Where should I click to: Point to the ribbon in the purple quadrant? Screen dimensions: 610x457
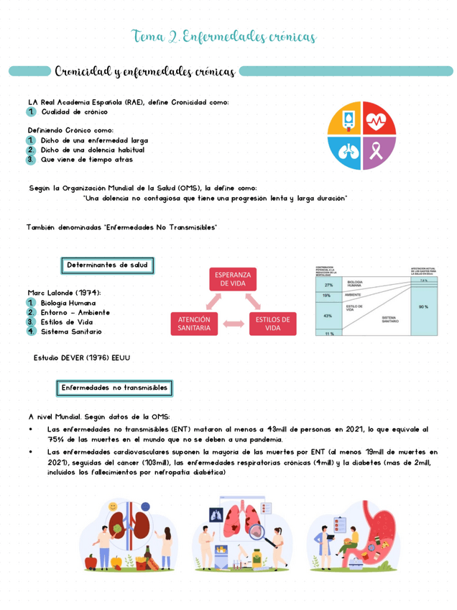(379, 152)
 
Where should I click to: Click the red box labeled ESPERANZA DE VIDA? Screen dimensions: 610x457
(233, 279)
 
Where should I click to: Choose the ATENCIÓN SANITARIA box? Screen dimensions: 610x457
(194, 324)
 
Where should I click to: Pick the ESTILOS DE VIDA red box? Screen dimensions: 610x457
(272, 324)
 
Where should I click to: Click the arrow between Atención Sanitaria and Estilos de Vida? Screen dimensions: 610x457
(234, 324)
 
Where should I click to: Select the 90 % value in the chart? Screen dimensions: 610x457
(423, 306)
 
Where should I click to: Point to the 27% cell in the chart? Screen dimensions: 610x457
(328, 285)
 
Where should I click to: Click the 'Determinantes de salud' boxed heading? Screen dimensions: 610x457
(106, 265)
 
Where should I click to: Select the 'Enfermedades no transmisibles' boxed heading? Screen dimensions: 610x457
(114, 388)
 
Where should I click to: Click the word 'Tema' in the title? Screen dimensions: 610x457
(148, 37)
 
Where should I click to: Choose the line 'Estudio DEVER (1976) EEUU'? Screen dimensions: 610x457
(82, 358)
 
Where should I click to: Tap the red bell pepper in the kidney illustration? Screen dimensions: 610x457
(91, 561)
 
